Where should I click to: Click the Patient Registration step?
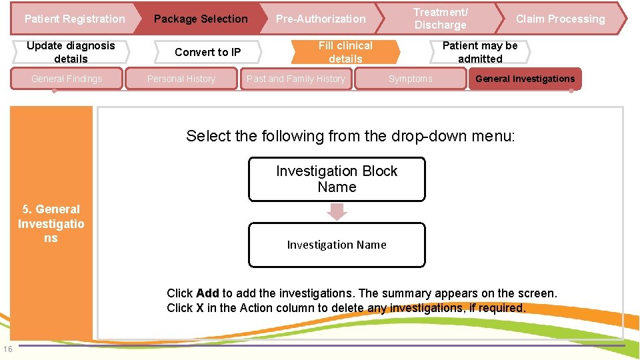[x=74, y=19]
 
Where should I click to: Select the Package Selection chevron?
[x=200, y=19]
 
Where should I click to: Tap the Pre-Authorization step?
[x=321, y=19]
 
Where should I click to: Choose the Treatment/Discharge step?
[x=440, y=19]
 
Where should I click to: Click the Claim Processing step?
[x=560, y=19]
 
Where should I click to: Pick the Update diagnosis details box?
[x=71, y=52]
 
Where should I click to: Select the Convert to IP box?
[x=207, y=52]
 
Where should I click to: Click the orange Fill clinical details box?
[x=345, y=52]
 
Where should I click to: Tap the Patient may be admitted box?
[x=480, y=52]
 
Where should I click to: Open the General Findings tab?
[x=67, y=79]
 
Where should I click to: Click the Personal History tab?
[x=181, y=79]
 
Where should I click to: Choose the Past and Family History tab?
[x=296, y=79]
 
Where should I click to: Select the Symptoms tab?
[x=410, y=79]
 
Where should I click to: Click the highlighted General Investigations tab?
[x=525, y=79]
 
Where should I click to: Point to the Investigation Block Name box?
[x=337, y=179]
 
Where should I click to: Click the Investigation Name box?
[x=337, y=245]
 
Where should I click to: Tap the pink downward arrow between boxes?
[x=337, y=212]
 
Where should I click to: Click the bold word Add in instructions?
[x=208, y=293]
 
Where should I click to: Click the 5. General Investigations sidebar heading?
[x=51, y=223]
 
